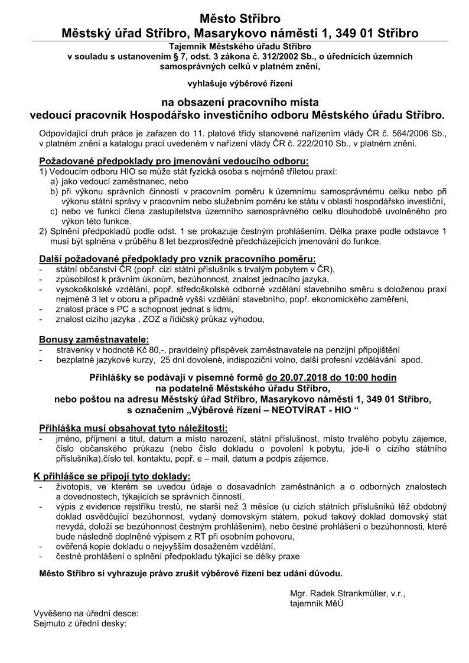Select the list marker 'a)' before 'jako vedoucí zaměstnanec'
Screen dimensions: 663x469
click(x=54, y=181)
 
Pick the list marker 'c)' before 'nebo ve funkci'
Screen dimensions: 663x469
click(x=54, y=211)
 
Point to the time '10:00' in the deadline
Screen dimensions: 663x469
click(x=355, y=377)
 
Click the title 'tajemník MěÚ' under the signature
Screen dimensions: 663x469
click(x=317, y=603)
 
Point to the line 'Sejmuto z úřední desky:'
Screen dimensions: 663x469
click(x=80, y=623)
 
